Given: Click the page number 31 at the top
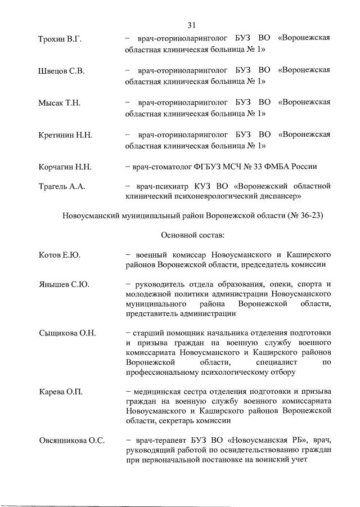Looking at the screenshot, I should pyautogui.click(x=191, y=25).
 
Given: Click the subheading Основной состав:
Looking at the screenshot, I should pyautogui.click(x=192, y=234).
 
